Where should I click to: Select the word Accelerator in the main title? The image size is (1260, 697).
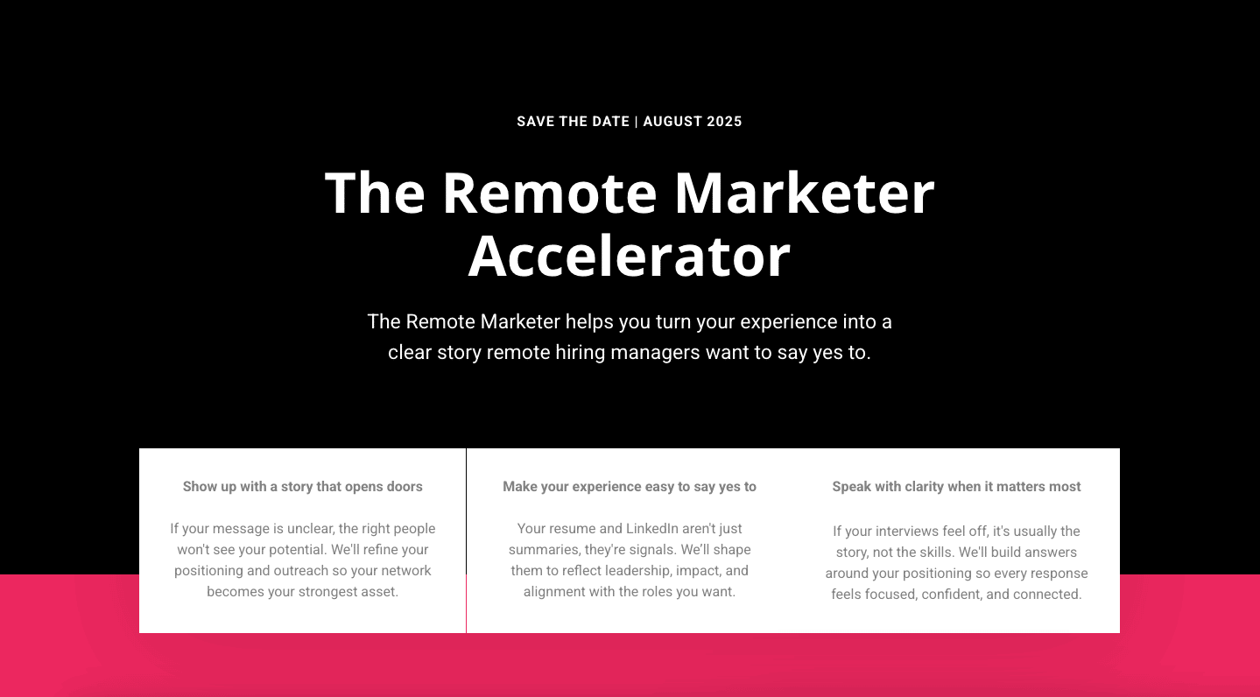tap(630, 257)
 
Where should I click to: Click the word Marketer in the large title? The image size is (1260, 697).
tap(805, 193)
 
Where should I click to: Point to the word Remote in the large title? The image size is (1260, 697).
tap(550, 193)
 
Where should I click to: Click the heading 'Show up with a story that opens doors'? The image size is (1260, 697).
tap(303, 487)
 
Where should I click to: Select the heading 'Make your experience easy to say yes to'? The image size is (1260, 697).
tap(630, 487)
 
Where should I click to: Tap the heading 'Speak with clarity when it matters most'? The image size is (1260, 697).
tap(956, 487)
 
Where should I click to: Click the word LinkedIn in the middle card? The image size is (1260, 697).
tap(652, 529)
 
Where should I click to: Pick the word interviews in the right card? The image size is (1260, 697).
tap(906, 532)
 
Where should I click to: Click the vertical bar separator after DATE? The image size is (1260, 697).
tap(637, 122)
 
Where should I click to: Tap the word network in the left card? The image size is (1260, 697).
tap(406, 571)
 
